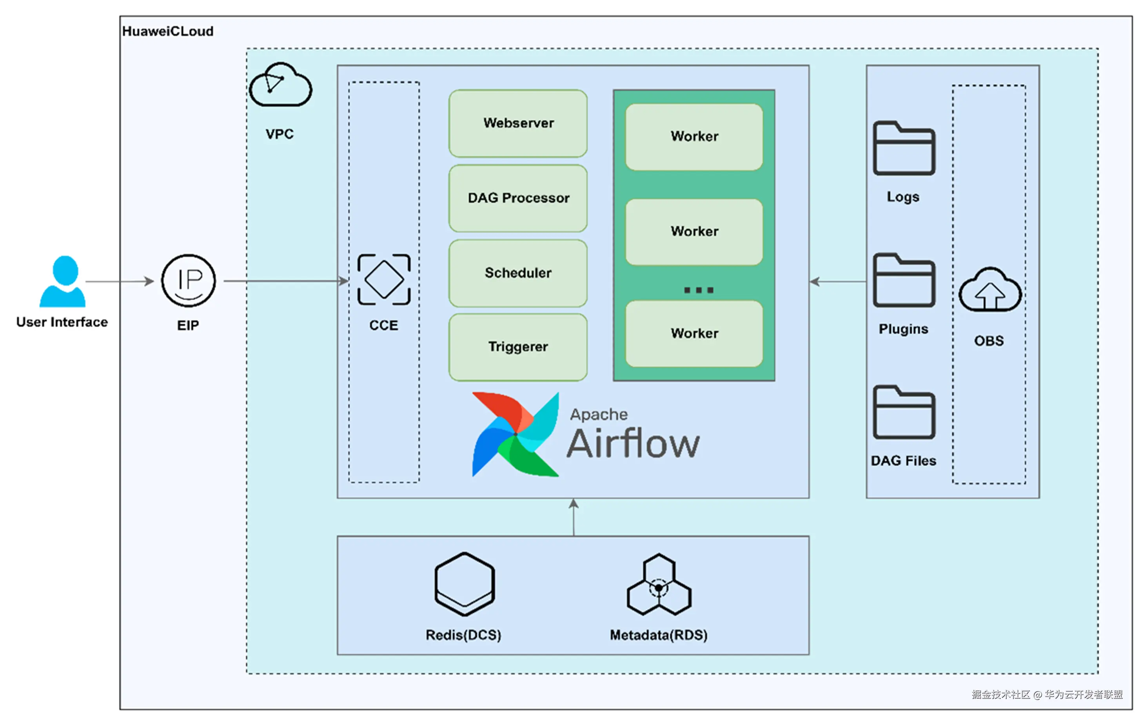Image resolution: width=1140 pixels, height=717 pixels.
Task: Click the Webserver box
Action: click(x=518, y=123)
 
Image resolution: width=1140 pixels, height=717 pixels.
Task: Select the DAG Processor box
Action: click(x=518, y=198)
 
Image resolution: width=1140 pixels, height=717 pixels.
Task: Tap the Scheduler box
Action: click(x=518, y=273)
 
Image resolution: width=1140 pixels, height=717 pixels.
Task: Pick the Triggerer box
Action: click(x=518, y=347)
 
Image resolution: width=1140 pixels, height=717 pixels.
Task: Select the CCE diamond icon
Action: click(x=384, y=280)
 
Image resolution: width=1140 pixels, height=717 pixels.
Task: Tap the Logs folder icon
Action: click(x=904, y=148)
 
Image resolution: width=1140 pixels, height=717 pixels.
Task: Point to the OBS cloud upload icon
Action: click(x=990, y=290)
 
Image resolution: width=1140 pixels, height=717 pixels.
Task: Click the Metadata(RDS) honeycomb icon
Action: click(x=659, y=585)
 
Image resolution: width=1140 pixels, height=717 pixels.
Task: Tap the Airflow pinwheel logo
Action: click(x=516, y=434)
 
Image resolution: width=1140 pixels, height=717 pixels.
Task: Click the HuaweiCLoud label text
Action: click(x=168, y=31)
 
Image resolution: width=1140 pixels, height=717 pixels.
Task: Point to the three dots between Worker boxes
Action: click(x=698, y=290)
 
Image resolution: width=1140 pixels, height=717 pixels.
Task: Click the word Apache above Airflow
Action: click(x=598, y=415)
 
